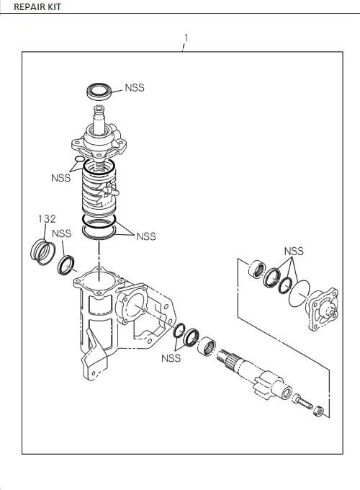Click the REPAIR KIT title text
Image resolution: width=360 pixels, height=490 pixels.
pos(35,6)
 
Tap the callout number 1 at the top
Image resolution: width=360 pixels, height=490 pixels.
pos(186,37)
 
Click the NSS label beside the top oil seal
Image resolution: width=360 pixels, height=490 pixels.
pos(135,88)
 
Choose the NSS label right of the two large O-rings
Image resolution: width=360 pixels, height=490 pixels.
pos(146,236)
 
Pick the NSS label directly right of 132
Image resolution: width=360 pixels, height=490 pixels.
pos(62,233)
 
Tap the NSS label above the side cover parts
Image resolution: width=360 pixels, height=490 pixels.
pos(293,251)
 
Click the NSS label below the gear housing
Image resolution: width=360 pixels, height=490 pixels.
pos(171,357)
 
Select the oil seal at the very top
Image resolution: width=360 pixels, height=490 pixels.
pos(99,92)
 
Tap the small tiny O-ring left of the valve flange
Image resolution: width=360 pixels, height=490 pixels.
pos(78,160)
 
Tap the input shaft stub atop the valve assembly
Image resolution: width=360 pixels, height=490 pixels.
pos(98,115)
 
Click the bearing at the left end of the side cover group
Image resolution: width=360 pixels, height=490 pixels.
pos(256,270)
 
